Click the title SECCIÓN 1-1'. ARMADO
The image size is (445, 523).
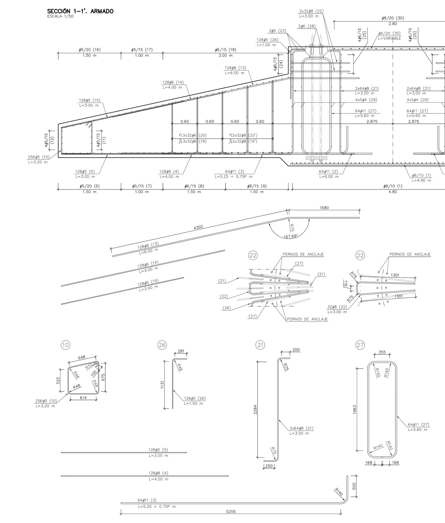80,11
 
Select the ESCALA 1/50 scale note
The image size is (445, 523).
60,16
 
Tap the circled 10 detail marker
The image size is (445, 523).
65,345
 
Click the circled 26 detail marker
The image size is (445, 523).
162,345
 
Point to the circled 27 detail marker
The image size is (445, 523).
360,345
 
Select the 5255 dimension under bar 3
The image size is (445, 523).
231,512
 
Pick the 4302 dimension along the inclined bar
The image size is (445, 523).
198,227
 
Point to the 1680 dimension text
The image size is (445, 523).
324,208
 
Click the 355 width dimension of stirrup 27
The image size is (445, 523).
382,352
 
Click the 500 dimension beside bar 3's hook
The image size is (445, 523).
354,486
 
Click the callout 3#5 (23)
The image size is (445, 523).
278,31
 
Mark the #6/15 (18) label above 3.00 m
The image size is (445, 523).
226,50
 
